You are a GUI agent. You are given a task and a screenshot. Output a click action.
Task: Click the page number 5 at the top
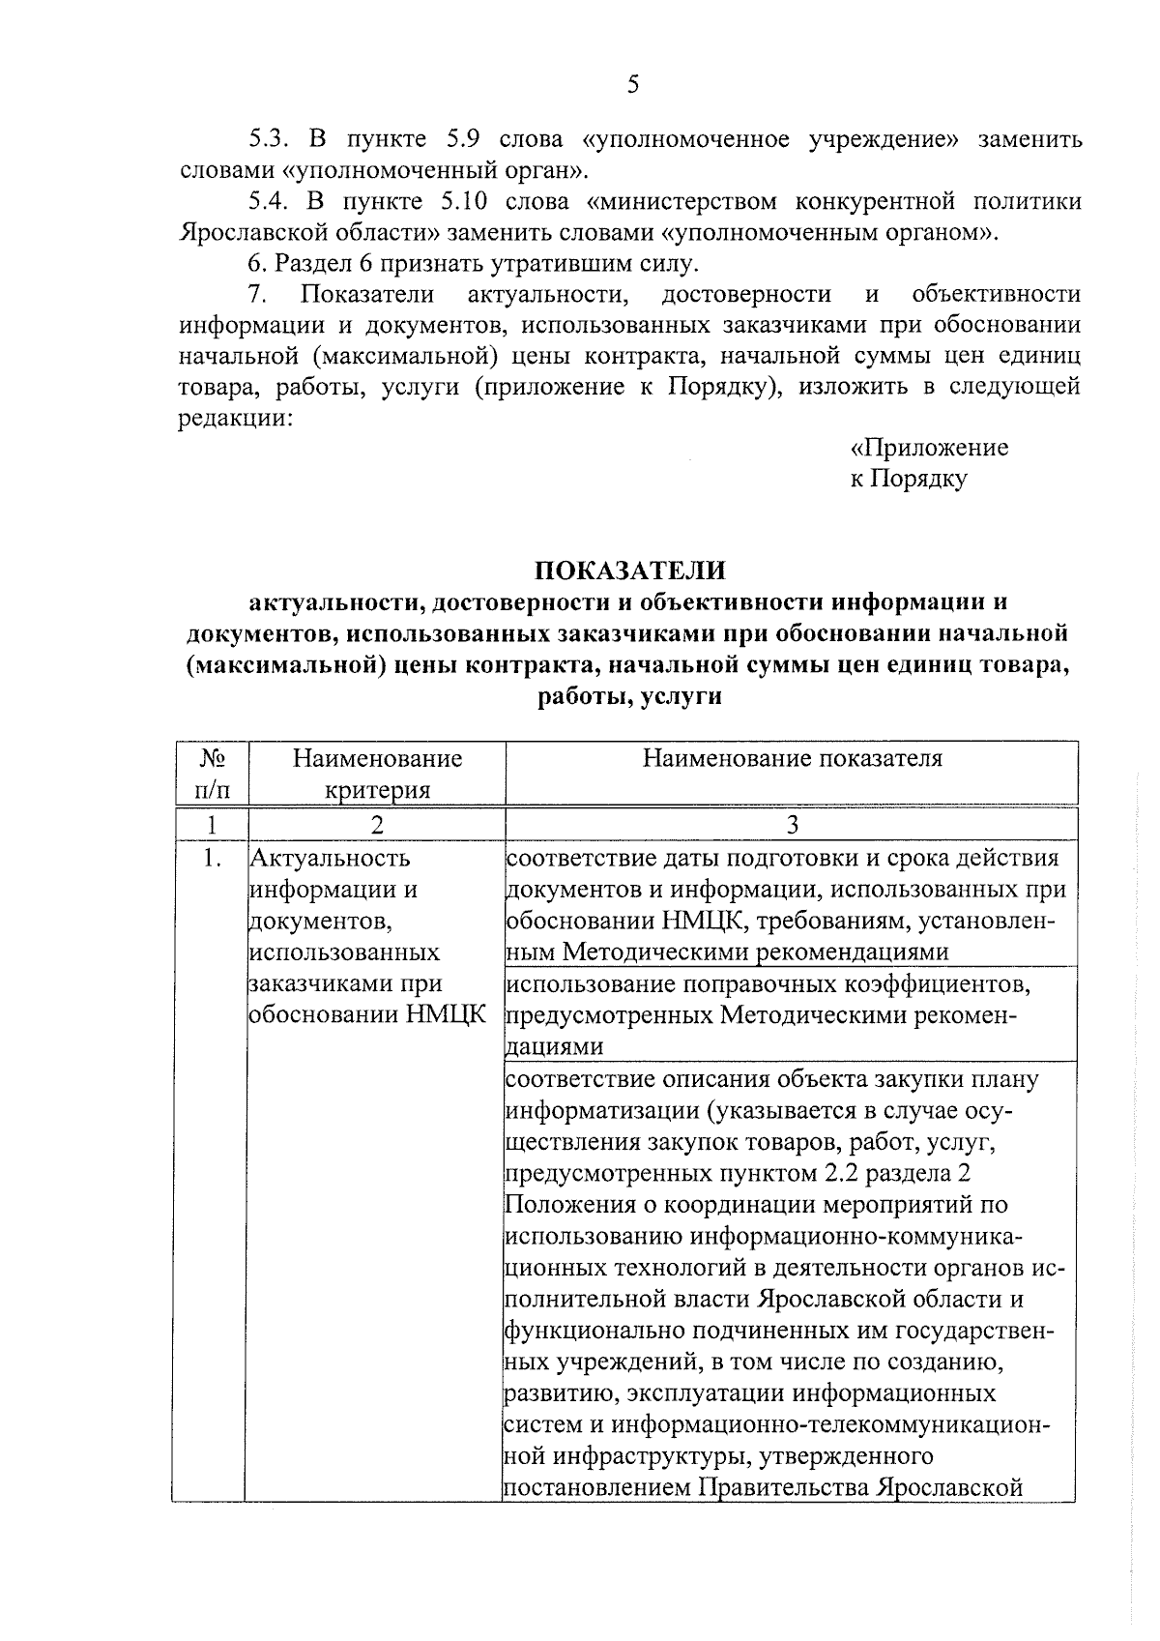[633, 85]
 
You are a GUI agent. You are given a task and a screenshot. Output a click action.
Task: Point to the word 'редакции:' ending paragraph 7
[235, 418]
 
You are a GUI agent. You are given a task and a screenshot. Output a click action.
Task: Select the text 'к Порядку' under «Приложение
[909, 479]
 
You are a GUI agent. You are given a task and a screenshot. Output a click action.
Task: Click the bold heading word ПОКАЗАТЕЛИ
[630, 570]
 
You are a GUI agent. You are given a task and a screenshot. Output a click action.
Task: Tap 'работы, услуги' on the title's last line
[630, 695]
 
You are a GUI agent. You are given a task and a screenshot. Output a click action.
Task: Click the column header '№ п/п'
[212, 774]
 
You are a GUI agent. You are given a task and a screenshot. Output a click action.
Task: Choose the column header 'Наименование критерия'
[377, 774]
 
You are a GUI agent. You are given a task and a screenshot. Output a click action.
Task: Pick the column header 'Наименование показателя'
[792, 759]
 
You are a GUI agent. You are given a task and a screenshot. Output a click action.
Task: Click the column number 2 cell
[377, 825]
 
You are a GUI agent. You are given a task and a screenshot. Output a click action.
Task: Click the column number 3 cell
[792, 825]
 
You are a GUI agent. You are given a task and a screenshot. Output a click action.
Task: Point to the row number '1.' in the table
[213, 859]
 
